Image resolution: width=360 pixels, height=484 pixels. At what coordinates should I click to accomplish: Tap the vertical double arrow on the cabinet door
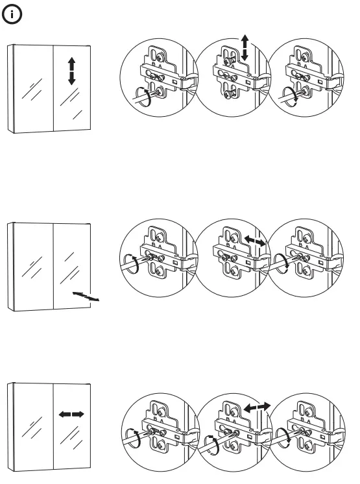[71, 71]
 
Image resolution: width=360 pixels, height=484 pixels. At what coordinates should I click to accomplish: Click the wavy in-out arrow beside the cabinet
[87, 297]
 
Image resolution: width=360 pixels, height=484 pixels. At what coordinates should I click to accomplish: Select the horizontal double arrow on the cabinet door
[71, 413]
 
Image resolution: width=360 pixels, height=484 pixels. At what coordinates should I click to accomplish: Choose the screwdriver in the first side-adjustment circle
[133, 436]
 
